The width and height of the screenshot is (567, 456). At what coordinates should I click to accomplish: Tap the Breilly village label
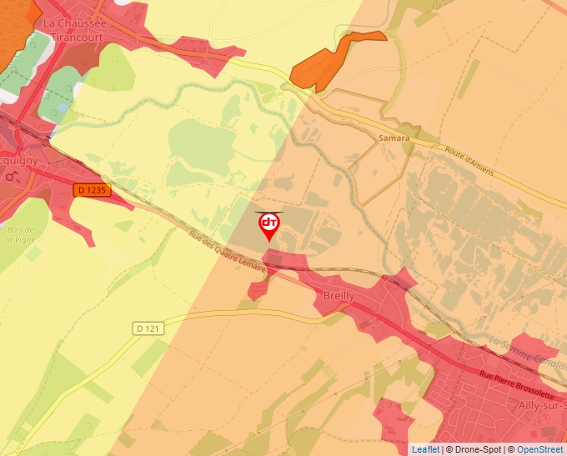click(x=338, y=296)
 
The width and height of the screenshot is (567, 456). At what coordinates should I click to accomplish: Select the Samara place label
click(x=394, y=138)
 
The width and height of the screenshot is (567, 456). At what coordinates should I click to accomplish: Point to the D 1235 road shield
click(x=92, y=190)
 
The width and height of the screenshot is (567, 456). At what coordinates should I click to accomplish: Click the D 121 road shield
click(x=146, y=328)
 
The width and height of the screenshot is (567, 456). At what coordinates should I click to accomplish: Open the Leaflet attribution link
click(x=425, y=449)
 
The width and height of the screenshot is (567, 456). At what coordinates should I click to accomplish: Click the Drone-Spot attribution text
click(x=472, y=449)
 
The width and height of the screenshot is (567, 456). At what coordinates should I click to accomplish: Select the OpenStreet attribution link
click(x=540, y=449)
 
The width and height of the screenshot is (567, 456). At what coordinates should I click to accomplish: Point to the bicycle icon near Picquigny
click(x=11, y=176)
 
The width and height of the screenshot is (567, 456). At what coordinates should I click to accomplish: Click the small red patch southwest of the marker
click(x=258, y=289)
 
